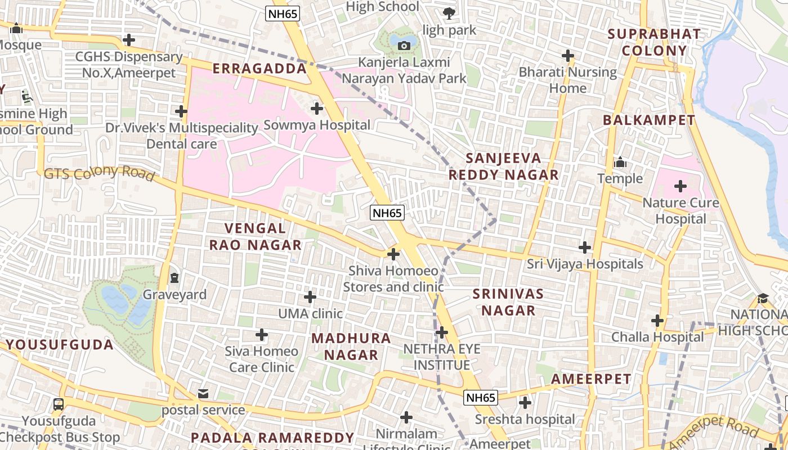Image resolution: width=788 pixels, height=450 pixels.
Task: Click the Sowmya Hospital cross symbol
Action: (x=317, y=107)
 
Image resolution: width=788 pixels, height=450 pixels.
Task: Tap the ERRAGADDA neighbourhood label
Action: (x=259, y=69)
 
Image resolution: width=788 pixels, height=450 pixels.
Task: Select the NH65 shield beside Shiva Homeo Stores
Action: (x=387, y=213)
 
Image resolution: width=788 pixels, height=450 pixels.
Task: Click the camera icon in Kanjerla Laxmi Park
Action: (x=404, y=46)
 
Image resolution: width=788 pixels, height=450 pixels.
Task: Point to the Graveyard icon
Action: (x=174, y=277)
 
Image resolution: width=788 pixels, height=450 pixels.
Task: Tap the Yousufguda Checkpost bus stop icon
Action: (x=58, y=404)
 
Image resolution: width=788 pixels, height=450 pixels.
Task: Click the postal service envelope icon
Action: (x=203, y=393)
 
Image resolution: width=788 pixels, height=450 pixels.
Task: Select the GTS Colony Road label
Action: (x=99, y=173)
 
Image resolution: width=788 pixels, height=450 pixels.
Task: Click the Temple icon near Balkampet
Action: (x=620, y=162)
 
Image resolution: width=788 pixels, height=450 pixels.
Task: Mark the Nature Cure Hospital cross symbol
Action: (x=680, y=186)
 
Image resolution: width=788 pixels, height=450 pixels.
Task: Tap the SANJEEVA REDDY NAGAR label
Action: (x=503, y=166)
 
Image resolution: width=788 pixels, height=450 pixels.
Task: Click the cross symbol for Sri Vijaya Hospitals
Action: (x=585, y=247)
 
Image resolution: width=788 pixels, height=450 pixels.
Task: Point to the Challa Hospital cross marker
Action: (x=657, y=321)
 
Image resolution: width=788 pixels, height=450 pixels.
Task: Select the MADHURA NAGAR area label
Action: (x=351, y=346)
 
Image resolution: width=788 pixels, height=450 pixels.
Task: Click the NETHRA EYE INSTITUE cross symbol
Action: (x=442, y=332)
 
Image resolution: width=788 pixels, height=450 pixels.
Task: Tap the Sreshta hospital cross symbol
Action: (x=525, y=403)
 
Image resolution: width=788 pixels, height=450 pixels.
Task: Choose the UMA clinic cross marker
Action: (x=310, y=296)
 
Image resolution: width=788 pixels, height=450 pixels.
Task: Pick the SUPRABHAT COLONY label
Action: (x=655, y=42)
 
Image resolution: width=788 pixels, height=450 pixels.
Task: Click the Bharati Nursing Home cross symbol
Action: (x=568, y=56)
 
